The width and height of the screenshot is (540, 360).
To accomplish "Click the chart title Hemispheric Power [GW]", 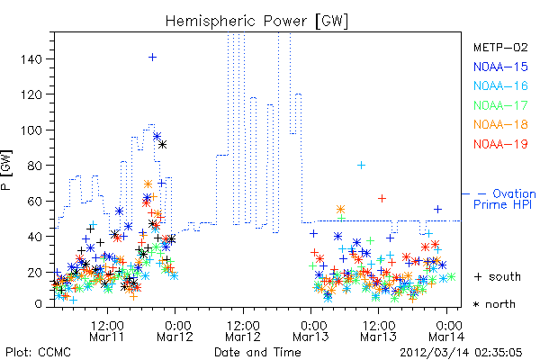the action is pos(256,21).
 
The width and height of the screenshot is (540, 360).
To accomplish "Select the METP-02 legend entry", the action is pos(500,47).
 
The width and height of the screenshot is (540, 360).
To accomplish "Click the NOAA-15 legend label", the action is pos(500,67).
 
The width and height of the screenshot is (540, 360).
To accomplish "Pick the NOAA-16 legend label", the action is pos(500,85).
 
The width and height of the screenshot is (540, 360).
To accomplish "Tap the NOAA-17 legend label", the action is pos(500,105).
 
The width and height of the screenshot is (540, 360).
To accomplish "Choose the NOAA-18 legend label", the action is pos(500,124).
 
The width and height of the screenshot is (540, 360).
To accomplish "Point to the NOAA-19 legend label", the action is pos(500,144).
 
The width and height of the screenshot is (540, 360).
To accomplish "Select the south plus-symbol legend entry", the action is pos(498,276).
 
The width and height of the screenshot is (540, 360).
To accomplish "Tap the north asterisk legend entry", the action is pos(494,304).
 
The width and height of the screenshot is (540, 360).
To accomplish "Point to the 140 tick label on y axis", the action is pos(31,59).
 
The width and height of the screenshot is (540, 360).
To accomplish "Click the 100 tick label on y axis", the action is pos(31,130).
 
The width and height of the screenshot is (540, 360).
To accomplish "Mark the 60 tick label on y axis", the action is pos(34,202).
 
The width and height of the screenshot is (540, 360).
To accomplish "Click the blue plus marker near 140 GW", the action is pos(153,58).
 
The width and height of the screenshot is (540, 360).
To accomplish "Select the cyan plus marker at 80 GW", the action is pos(361,166).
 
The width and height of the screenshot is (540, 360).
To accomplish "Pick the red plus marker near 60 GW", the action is pos(382,198).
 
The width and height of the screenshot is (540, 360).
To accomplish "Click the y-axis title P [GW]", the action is pos(6,170).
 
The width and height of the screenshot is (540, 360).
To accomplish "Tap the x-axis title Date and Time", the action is pos(257,353).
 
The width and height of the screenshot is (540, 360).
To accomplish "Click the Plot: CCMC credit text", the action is pos(38,353).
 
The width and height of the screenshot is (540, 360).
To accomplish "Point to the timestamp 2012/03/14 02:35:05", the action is pos(461,353).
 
